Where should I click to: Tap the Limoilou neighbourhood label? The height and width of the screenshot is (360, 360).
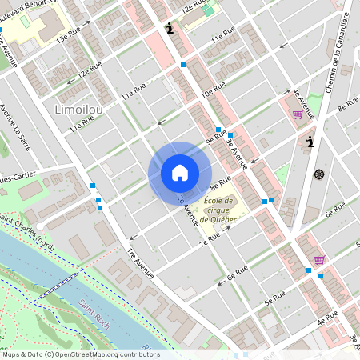[79, 108]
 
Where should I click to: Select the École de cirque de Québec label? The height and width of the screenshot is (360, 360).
[218, 210]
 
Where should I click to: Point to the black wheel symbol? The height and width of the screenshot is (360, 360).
[320, 174]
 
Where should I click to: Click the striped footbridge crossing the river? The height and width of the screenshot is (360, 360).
[58, 283]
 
